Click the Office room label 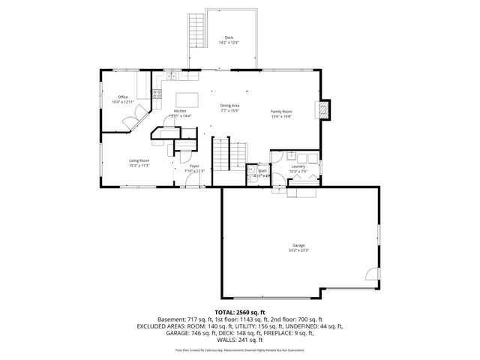click(122, 97)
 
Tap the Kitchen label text click(180, 111)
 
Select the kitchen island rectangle click(187, 98)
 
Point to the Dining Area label click(229, 106)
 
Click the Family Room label click(281, 111)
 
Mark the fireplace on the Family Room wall click(323, 109)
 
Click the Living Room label click(139, 160)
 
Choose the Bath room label click(262, 170)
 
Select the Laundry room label click(298, 166)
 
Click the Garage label click(298, 245)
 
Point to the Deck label click(228, 37)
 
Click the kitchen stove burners click(157, 94)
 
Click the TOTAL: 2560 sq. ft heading click(239, 311)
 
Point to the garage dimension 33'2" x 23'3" click(298, 250)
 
